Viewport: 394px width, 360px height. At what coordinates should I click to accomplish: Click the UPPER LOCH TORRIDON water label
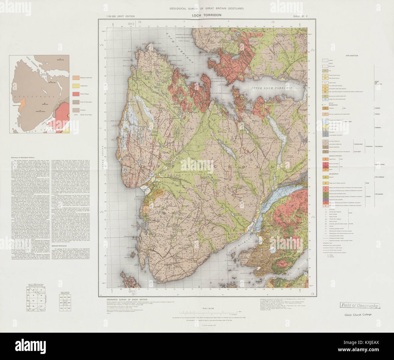point(272,88)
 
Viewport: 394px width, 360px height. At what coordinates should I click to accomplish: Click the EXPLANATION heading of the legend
point(352,56)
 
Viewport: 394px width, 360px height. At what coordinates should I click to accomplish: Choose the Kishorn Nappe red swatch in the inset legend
point(76,94)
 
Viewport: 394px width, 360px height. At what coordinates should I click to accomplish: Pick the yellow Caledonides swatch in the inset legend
point(76,86)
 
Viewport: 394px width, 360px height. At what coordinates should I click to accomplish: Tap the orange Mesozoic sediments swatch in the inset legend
point(76,78)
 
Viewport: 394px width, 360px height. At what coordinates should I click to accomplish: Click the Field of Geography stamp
point(359,306)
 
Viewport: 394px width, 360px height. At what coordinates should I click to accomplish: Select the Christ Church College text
point(358,315)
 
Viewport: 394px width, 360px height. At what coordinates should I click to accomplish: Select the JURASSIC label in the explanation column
point(377,108)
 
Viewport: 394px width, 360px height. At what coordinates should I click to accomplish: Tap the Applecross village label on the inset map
point(15,106)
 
